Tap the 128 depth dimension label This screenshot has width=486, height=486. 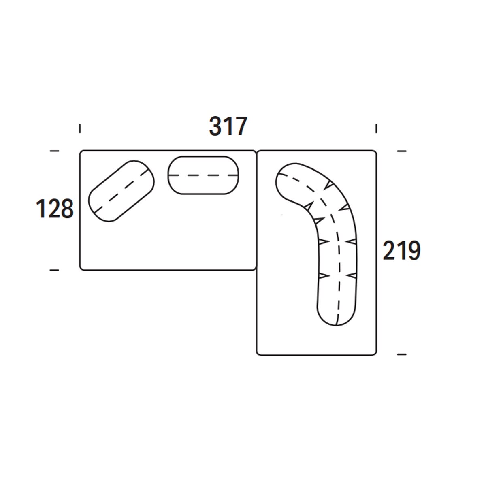tap(55, 209)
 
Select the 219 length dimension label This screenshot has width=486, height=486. tap(402, 250)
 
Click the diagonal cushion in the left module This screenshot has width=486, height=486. tap(122, 191)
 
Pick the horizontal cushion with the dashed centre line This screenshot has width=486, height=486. tap(204, 175)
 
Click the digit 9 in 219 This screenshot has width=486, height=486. tap(414, 250)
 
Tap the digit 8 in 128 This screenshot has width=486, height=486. tap(67, 209)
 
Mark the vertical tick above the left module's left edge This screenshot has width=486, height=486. tap(80, 128)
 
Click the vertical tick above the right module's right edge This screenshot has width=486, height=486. tap(376, 128)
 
